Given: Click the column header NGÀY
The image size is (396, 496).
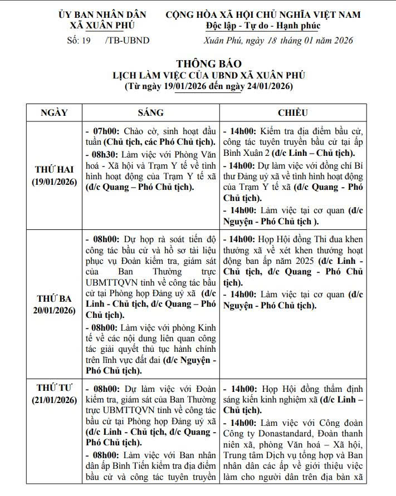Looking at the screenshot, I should tap(55, 112).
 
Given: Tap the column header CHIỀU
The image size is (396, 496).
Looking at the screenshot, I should tap(292, 112).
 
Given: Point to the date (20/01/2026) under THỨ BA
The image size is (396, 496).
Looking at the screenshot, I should tap(55, 310).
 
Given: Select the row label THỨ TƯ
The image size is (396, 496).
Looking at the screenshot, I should tap(55, 387).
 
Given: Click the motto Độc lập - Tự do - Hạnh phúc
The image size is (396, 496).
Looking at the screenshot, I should tap(262, 26).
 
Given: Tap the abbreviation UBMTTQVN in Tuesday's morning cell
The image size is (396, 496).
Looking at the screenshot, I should tap(111, 282).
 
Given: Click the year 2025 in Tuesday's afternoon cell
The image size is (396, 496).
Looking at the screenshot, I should tap(296, 261).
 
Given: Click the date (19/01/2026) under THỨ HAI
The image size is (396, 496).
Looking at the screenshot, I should tap(55, 182).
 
